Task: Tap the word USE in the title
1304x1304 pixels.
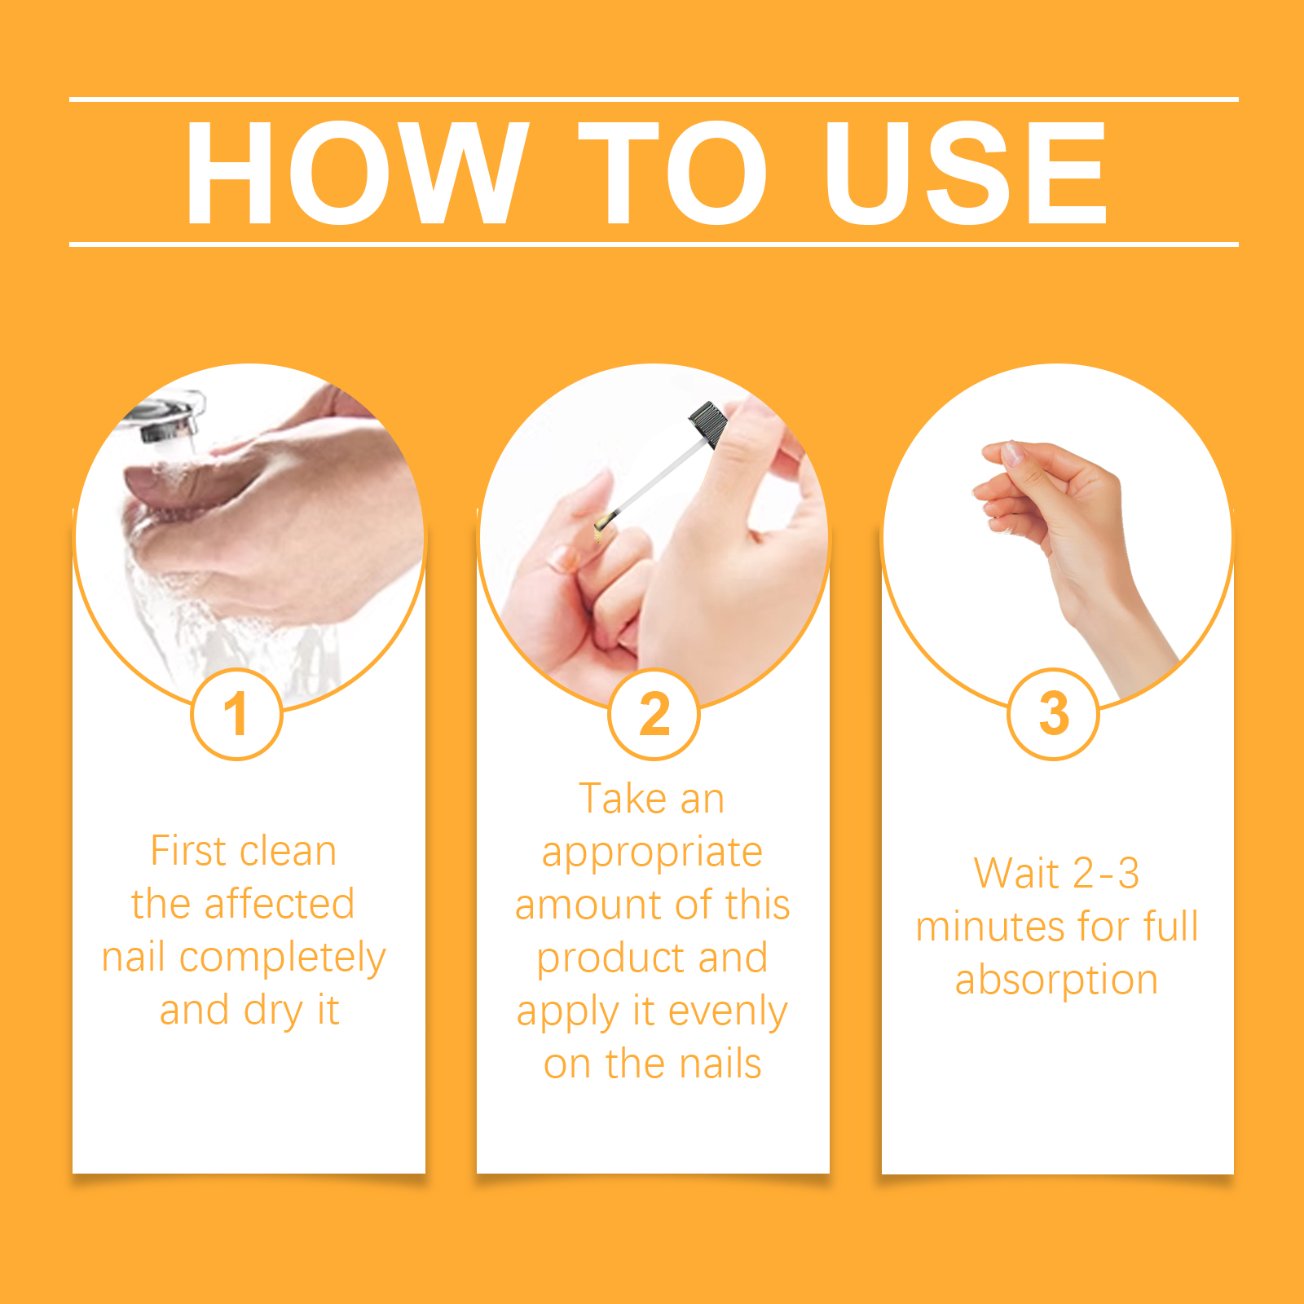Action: (966, 173)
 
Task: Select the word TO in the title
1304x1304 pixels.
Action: (672, 173)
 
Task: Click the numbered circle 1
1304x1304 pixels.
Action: (236, 714)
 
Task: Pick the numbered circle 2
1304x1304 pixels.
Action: (654, 714)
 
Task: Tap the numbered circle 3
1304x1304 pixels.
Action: (1054, 714)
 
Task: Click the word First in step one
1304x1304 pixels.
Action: (187, 852)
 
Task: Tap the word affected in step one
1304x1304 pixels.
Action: (279, 904)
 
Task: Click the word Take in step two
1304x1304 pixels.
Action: (623, 799)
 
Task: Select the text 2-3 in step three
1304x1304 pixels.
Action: (1106, 873)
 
